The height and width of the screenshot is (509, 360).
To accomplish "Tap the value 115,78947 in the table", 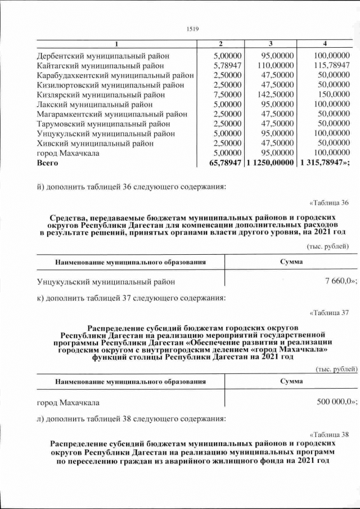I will click(332, 66).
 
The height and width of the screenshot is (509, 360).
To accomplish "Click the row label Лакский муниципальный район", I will click(94, 104).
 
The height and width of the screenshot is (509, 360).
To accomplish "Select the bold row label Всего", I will click(47, 163).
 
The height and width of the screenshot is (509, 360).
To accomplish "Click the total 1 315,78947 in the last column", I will click(328, 163).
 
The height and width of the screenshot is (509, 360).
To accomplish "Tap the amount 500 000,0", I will click(335, 403).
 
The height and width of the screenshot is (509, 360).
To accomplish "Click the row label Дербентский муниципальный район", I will click(103, 56).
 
